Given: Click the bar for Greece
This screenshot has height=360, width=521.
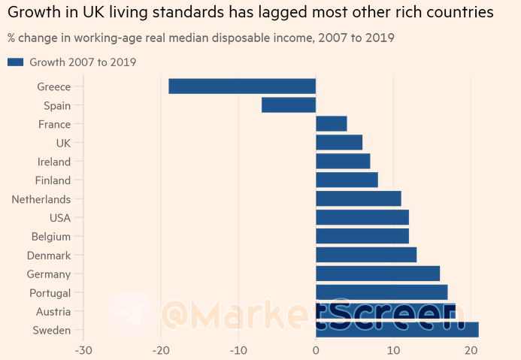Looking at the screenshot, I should tap(242, 86).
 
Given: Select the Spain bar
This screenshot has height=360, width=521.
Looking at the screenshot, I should tap(289, 105).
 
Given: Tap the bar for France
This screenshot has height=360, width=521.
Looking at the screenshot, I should tap(332, 124).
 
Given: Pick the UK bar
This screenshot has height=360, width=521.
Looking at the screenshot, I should tap(339, 143).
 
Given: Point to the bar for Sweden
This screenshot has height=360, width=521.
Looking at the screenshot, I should tap(397, 330).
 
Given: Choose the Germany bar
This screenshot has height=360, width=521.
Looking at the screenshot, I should tap(377, 274).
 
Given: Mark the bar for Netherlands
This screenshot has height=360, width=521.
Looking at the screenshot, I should tap(359, 199).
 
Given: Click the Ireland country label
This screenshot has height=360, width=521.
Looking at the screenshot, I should tap(54, 162).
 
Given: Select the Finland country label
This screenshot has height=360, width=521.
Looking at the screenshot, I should tap(53, 180).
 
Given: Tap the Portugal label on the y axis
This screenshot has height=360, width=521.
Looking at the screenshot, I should tap(50, 292).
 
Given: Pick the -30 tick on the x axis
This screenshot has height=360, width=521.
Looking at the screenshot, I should tap(83, 350).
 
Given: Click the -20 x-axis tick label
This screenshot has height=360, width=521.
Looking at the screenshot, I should tap(160, 350).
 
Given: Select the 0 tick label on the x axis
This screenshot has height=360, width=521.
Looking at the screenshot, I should tap(316, 350).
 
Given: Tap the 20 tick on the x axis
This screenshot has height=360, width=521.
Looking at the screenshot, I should tap(471, 350).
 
